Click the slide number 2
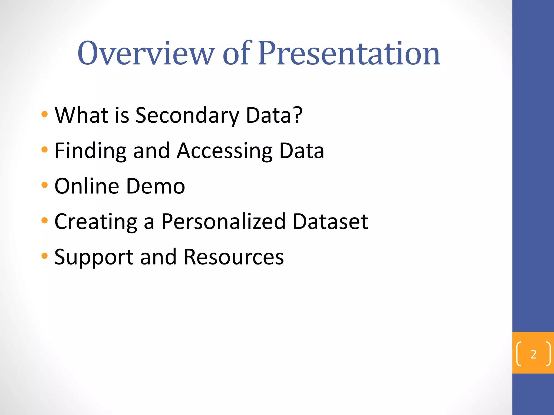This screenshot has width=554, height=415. click(533, 354)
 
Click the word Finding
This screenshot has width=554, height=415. click(90, 151)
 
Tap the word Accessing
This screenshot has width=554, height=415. click(225, 151)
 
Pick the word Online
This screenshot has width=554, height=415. click(87, 186)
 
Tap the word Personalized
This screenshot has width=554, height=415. click(223, 222)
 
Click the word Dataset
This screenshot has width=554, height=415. click(330, 222)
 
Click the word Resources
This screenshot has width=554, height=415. click(234, 257)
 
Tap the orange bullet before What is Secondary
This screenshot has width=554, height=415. click(45, 114)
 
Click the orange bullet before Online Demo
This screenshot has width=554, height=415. click(45, 185)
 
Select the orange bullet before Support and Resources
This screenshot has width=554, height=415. click(45, 255)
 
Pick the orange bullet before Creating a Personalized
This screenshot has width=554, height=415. click(45, 220)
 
